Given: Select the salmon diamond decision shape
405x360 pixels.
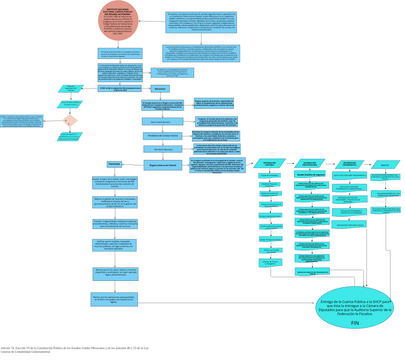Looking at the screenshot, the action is pyautogui.click(x=69, y=120).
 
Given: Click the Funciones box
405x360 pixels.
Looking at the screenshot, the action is pyautogui.click(x=114, y=164).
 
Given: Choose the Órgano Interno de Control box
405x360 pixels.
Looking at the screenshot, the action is pyautogui.click(x=161, y=164).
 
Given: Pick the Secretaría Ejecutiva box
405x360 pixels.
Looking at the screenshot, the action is pyautogui.click(x=161, y=149).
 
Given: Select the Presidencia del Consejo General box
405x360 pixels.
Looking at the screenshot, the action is pyautogui.click(x=161, y=135).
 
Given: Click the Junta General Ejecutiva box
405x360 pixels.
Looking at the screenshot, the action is pyautogui.click(x=161, y=120).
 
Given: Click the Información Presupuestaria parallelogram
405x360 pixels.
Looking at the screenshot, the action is pyautogui.click(x=311, y=162).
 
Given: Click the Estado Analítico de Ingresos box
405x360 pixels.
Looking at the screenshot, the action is pyautogui.click(x=311, y=173).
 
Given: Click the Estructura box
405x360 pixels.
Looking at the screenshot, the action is pyautogui.click(x=161, y=88).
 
